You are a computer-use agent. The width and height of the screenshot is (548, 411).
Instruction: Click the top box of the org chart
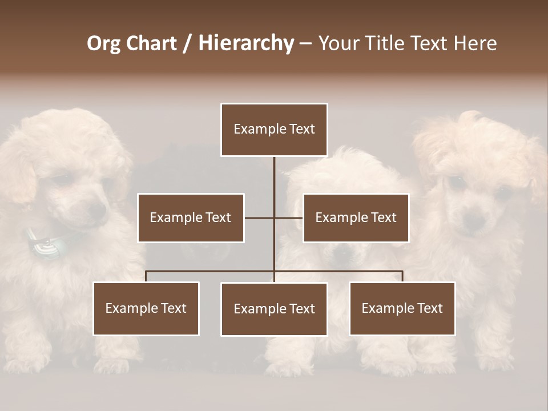tap(274, 130)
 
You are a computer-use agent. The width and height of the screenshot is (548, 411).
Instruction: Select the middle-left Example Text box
tap(191, 217)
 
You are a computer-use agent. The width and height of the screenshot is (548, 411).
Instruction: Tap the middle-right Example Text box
tap(356, 217)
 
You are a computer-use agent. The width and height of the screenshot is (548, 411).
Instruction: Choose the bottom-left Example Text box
tap(146, 308)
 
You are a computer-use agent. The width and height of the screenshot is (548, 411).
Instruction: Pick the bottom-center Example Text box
tap(274, 309)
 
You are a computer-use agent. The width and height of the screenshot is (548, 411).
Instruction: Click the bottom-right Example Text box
tap(402, 308)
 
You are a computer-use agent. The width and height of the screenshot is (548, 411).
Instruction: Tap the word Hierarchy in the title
tap(245, 43)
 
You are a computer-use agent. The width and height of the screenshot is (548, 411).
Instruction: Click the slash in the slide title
tap(187, 43)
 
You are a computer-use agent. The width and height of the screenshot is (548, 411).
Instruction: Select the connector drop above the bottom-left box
tap(146, 276)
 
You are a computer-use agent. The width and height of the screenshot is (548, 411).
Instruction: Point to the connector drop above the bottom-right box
tap(402, 276)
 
